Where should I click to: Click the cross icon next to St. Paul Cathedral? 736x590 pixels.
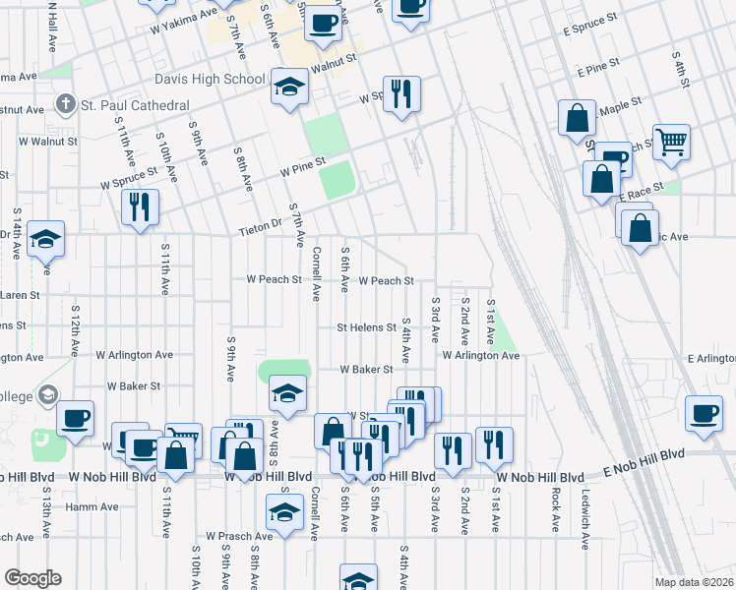(66, 104)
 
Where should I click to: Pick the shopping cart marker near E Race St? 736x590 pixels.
(671, 141)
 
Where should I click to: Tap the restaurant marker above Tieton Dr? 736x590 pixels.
(139, 207)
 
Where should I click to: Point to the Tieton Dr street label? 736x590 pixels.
(260, 229)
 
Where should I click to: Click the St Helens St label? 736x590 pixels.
(365, 326)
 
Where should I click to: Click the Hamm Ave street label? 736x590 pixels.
(92, 507)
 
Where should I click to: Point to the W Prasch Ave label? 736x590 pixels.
(238, 537)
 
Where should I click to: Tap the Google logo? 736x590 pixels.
(32, 578)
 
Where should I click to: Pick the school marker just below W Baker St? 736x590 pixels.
(286, 393)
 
